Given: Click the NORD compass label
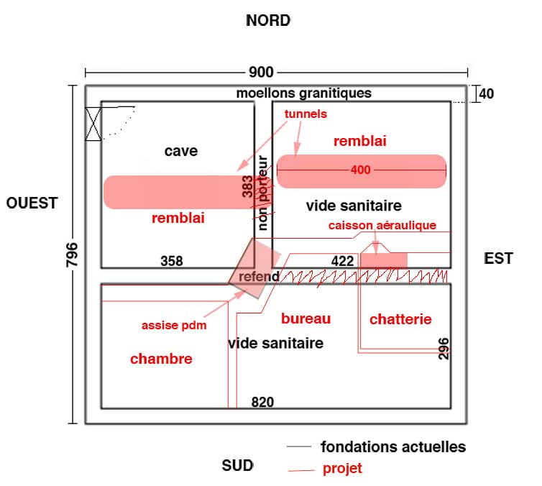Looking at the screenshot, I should pyautogui.click(x=268, y=20).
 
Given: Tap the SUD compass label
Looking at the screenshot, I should pyautogui.click(x=238, y=465).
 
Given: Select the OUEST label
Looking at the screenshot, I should pyautogui.click(x=32, y=203).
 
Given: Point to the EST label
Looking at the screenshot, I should pyautogui.click(x=498, y=258).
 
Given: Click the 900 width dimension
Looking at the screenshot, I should pyautogui.click(x=262, y=72).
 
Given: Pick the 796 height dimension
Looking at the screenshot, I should pyautogui.click(x=72, y=255).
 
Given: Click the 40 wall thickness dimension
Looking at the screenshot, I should pyautogui.click(x=486, y=93).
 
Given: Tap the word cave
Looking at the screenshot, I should pyautogui.click(x=180, y=151).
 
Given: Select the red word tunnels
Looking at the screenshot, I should pyautogui.click(x=306, y=114).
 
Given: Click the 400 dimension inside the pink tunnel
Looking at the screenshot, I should pyautogui.click(x=361, y=170).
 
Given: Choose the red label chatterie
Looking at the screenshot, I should pyautogui.click(x=400, y=319).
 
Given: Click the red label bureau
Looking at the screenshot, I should pyautogui.click(x=306, y=318).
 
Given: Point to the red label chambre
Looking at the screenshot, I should pyautogui.click(x=161, y=359).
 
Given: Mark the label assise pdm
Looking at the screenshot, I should pyautogui.click(x=173, y=325).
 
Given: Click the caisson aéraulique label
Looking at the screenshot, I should pyautogui.click(x=382, y=225).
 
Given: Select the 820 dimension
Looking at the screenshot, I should pyautogui.click(x=262, y=403).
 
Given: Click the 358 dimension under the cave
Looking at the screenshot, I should pyautogui.click(x=171, y=261).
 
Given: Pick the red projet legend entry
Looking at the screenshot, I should pyautogui.click(x=342, y=469).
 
